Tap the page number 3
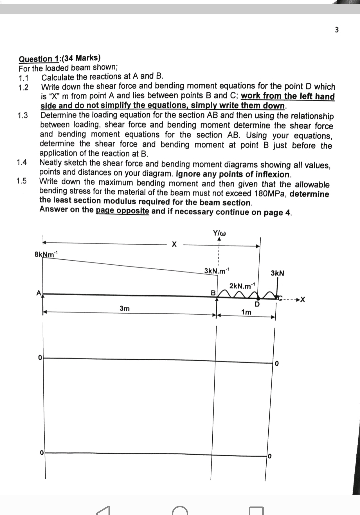tap(336, 30)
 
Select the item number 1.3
tap(23, 116)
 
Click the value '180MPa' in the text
tap(270, 194)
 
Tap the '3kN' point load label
tap(277, 273)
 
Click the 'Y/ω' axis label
tap(219, 233)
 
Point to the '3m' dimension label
tap(125, 309)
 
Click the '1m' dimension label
tap(246, 312)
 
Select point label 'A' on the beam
tap(39, 293)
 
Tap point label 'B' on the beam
tap(213, 293)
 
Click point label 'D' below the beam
tap(257, 304)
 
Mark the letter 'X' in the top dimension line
tap(173, 245)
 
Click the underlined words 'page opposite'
tap(122, 211)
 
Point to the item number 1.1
tap(23, 78)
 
